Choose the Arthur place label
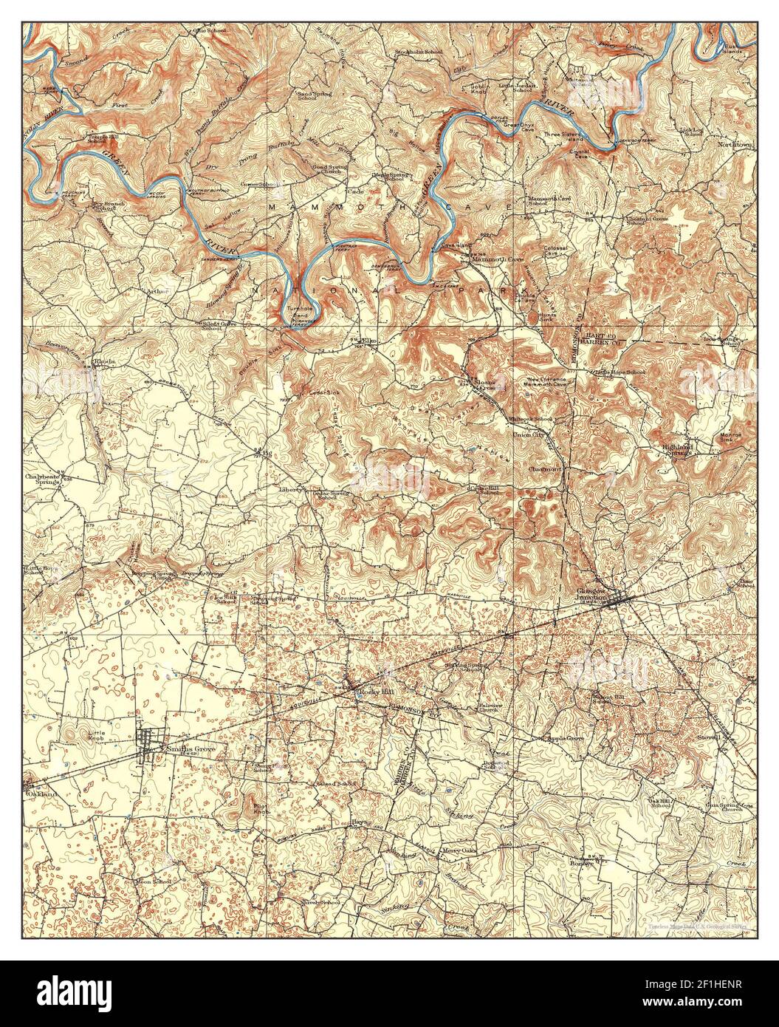[x=158, y=291]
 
